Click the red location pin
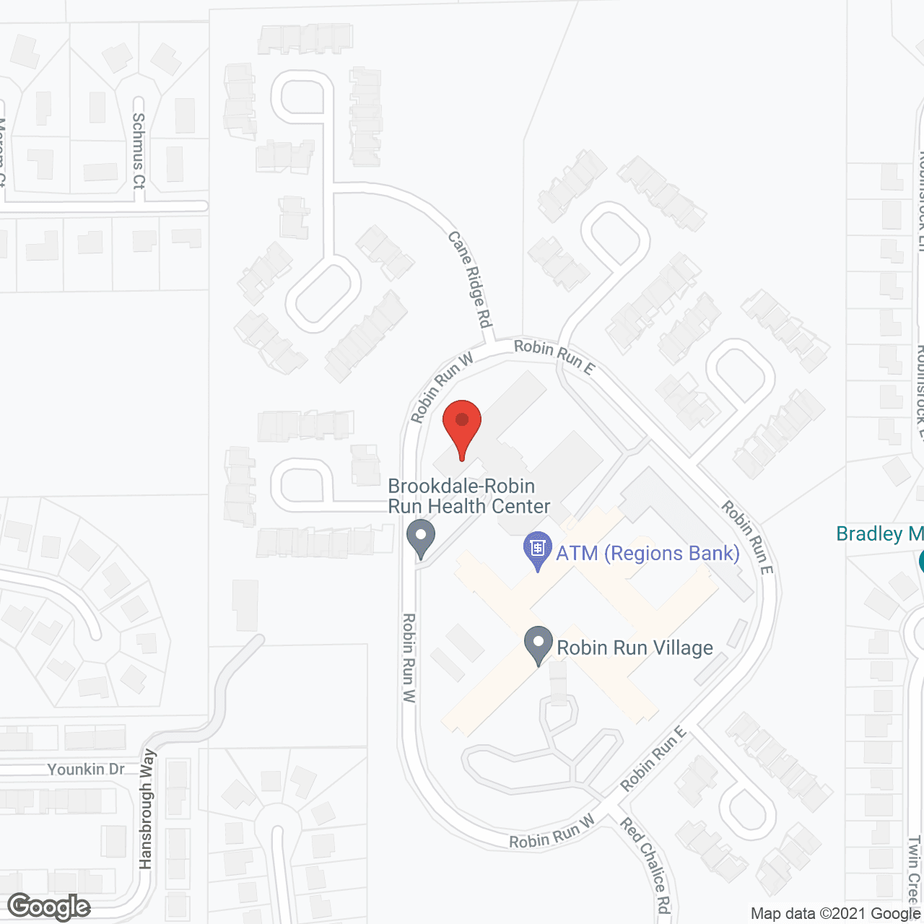[x=462, y=426]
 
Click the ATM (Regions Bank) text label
[x=648, y=554]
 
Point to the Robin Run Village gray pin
[x=538, y=644]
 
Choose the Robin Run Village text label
[x=635, y=648]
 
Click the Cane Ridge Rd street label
[x=470, y=278]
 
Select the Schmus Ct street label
[x=139, y=151]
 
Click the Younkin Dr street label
[x=86, y=770]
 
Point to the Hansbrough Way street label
[x=147, y=808]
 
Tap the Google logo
[x=49, y=907]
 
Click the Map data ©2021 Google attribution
[x=835, y=914]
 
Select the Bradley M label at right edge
[x=879, y=534]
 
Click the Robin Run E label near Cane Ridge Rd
[x=554, y=357]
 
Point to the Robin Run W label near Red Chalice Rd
[x=552, y=832]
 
